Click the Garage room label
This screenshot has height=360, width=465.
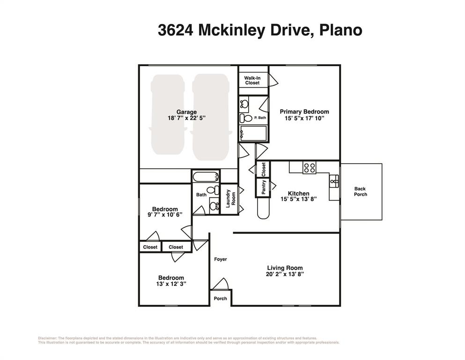[186, 112]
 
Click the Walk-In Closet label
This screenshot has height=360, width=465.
[252, 80]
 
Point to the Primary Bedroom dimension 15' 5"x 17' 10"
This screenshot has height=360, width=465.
[304, 119]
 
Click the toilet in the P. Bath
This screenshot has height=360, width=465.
[244, 118]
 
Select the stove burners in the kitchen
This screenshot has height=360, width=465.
[309, 168]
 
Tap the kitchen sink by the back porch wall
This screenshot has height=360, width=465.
[334, 180]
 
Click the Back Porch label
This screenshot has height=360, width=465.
[361, 192]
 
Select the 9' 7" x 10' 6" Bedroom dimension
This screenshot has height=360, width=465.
[164, 215]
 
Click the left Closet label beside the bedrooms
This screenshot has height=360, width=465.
[150, 247]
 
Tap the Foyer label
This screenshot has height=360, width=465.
[221, 259]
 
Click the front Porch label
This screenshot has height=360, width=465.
[220, 299]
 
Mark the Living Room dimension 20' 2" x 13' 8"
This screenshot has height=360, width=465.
[286, 275]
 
